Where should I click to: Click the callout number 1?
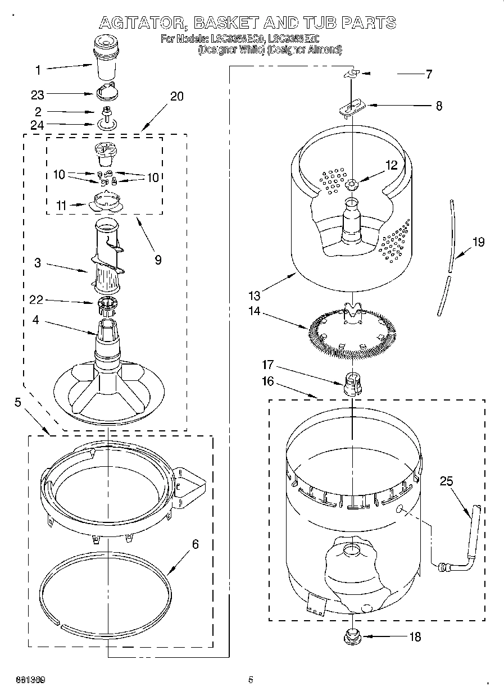coord(38,70)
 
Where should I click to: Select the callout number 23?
coord(38,95)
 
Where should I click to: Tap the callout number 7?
coord(429,74)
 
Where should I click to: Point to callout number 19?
coord(478,242)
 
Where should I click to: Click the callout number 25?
coord(446,481)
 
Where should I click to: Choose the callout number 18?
coord(415,637)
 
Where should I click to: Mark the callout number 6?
coord(195,544)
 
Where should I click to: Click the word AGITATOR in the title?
coord(140,23)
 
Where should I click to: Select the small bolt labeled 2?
coord(105,111)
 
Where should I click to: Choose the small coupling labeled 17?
coord(352,384)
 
